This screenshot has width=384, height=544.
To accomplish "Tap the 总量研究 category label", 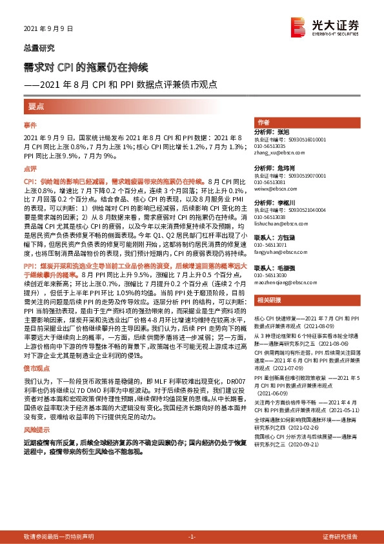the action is pos(39,48).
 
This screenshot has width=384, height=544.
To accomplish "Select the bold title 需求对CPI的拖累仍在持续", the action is pos(86,67).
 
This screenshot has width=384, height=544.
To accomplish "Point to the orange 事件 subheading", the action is pos(31,124).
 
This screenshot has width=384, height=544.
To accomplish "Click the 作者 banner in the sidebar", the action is pos(263,122).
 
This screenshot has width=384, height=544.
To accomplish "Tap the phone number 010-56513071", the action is pos(270,246).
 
